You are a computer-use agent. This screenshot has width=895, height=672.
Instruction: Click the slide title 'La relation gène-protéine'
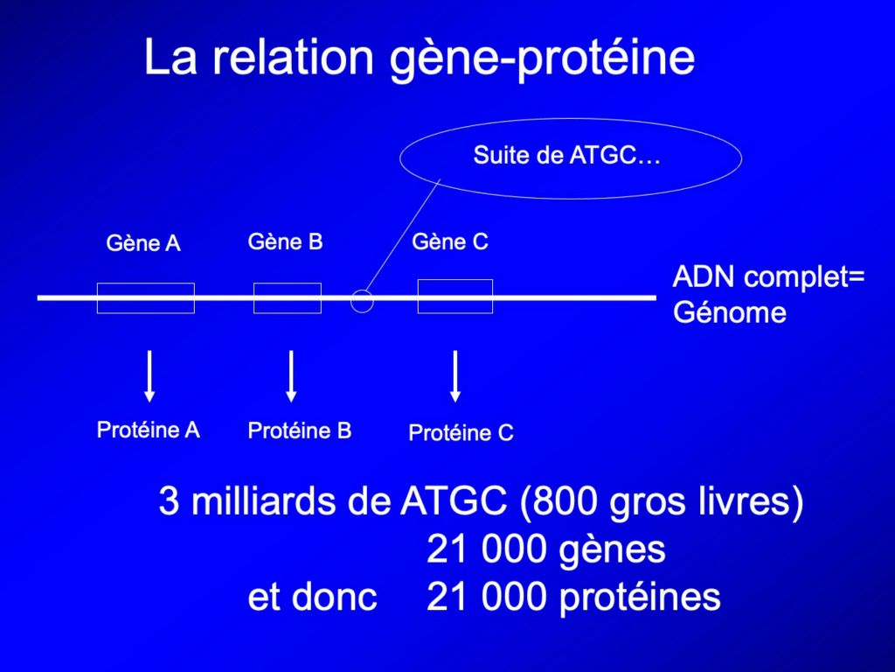(x=420, y=58)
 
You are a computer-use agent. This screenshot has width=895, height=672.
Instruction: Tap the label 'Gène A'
(x=143, y=243)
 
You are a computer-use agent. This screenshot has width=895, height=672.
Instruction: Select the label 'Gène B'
(x=286, y=241)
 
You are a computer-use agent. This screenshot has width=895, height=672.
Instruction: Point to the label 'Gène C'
(x=450, y=241)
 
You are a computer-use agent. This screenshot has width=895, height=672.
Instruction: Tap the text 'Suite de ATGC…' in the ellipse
(x=566, y=156)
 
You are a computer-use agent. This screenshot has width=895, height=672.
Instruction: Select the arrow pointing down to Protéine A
(x=149, y=376)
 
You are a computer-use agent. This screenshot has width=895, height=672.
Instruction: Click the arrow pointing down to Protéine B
(x=291, y=376)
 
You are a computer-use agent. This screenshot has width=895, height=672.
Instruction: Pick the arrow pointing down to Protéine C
(x=454, y=376)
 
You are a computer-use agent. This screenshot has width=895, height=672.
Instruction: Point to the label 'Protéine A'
(x=149, y=430)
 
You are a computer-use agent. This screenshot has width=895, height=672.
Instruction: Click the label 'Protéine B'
(x=300, y=430)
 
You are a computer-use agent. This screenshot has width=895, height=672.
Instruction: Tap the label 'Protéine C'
(x=461, y=432)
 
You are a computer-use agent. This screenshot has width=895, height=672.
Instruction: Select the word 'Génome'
(x=730, y=312)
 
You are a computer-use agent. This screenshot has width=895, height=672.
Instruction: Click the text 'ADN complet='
(x=769, y=277)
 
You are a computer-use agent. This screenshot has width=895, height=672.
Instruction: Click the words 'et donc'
(x=312, y=597)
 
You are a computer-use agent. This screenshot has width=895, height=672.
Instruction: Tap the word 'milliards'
(x=265, y=501)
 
